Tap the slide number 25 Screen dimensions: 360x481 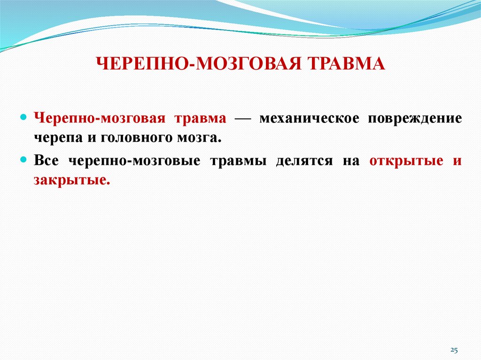[454, 350]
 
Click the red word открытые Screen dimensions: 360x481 [406, 161]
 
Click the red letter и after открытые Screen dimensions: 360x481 [457, 161]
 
